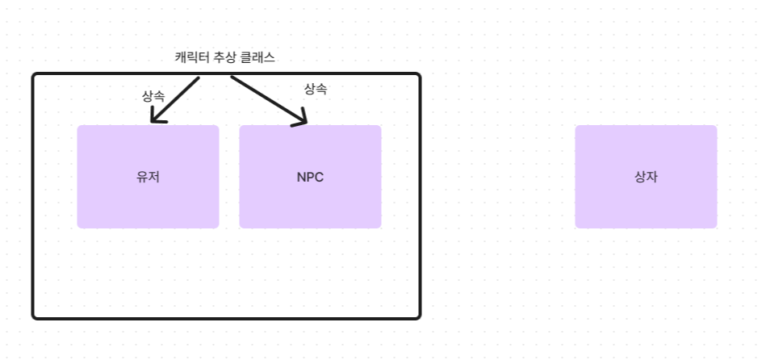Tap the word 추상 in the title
tap(227, 58)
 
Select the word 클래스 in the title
tap(259, 58)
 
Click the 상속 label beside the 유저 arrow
tap(153, 95)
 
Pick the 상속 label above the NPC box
tap(316, 89)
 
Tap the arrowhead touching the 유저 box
tap(157, 119)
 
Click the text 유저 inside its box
tap(149, 178)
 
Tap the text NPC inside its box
tap(310, 178)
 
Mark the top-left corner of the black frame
tap(34, 75)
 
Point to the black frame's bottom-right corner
tap(419, 316)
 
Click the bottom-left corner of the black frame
tap(34, 316)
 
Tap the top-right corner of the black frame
tap(419, 75)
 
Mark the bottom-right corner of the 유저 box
tap(218, 227)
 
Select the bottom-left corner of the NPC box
tap(241, 227)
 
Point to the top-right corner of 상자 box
tap(715, 127)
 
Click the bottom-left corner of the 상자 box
tap(576, 227)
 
